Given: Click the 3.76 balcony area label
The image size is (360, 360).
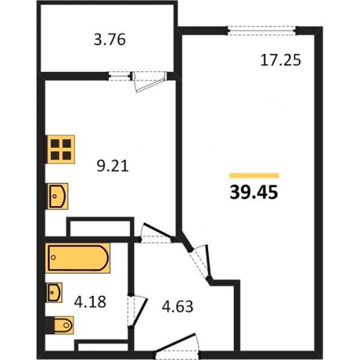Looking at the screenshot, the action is [x=109, y=40].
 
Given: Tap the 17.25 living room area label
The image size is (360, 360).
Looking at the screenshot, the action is [x=281, y=60].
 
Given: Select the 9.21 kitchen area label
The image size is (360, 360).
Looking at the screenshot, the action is [x=113, y=166].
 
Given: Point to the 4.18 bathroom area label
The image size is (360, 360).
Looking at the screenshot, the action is [x=90, y=302].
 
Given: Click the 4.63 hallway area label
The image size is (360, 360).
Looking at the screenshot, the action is [x=177, y=307].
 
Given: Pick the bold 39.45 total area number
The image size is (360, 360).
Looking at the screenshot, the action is [x=254, y=192].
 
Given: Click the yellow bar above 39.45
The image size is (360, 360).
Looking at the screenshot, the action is [x=254, y=176].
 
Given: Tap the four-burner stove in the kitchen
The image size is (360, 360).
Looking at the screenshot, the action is [x=61, y=150].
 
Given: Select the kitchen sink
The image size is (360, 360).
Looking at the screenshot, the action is [x=58, y=197].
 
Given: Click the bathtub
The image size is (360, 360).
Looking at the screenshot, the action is [x=78, y=258].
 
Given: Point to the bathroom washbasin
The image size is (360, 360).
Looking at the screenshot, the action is [x=54, y=292].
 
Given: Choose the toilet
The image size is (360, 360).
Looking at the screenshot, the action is [x=60, y=325].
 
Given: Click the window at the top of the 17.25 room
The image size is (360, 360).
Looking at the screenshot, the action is [x=261, y=31].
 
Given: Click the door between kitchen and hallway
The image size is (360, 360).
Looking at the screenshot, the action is [x=157, y=233].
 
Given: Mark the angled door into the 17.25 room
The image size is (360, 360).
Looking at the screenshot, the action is [x=199, y=264].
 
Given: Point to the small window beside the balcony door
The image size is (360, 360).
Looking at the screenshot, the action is [x=120, y=76].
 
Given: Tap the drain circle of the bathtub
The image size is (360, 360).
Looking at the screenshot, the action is [x=53, y=258].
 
